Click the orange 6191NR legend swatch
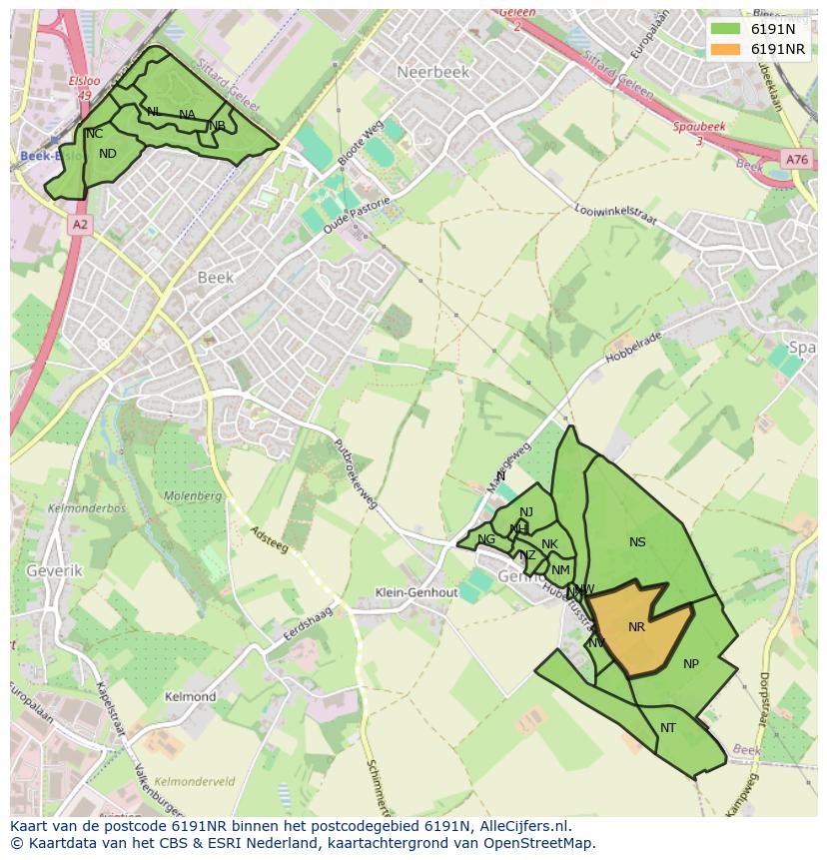click(725, 50)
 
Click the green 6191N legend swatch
click(725, 28)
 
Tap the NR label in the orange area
click(636, 627)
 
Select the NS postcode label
click(637, 542)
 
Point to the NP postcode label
click(691, 664)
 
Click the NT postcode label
click(668, 728)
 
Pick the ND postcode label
click(108, 154)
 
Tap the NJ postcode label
click(526, 512)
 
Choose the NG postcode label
click(486, 539)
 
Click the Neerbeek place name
click(432, 72)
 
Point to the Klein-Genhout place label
click(415, 592)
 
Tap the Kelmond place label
click(190, 696)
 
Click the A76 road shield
click(796, 160)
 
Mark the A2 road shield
click(80, 226)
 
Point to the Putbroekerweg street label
click(355, 473)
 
